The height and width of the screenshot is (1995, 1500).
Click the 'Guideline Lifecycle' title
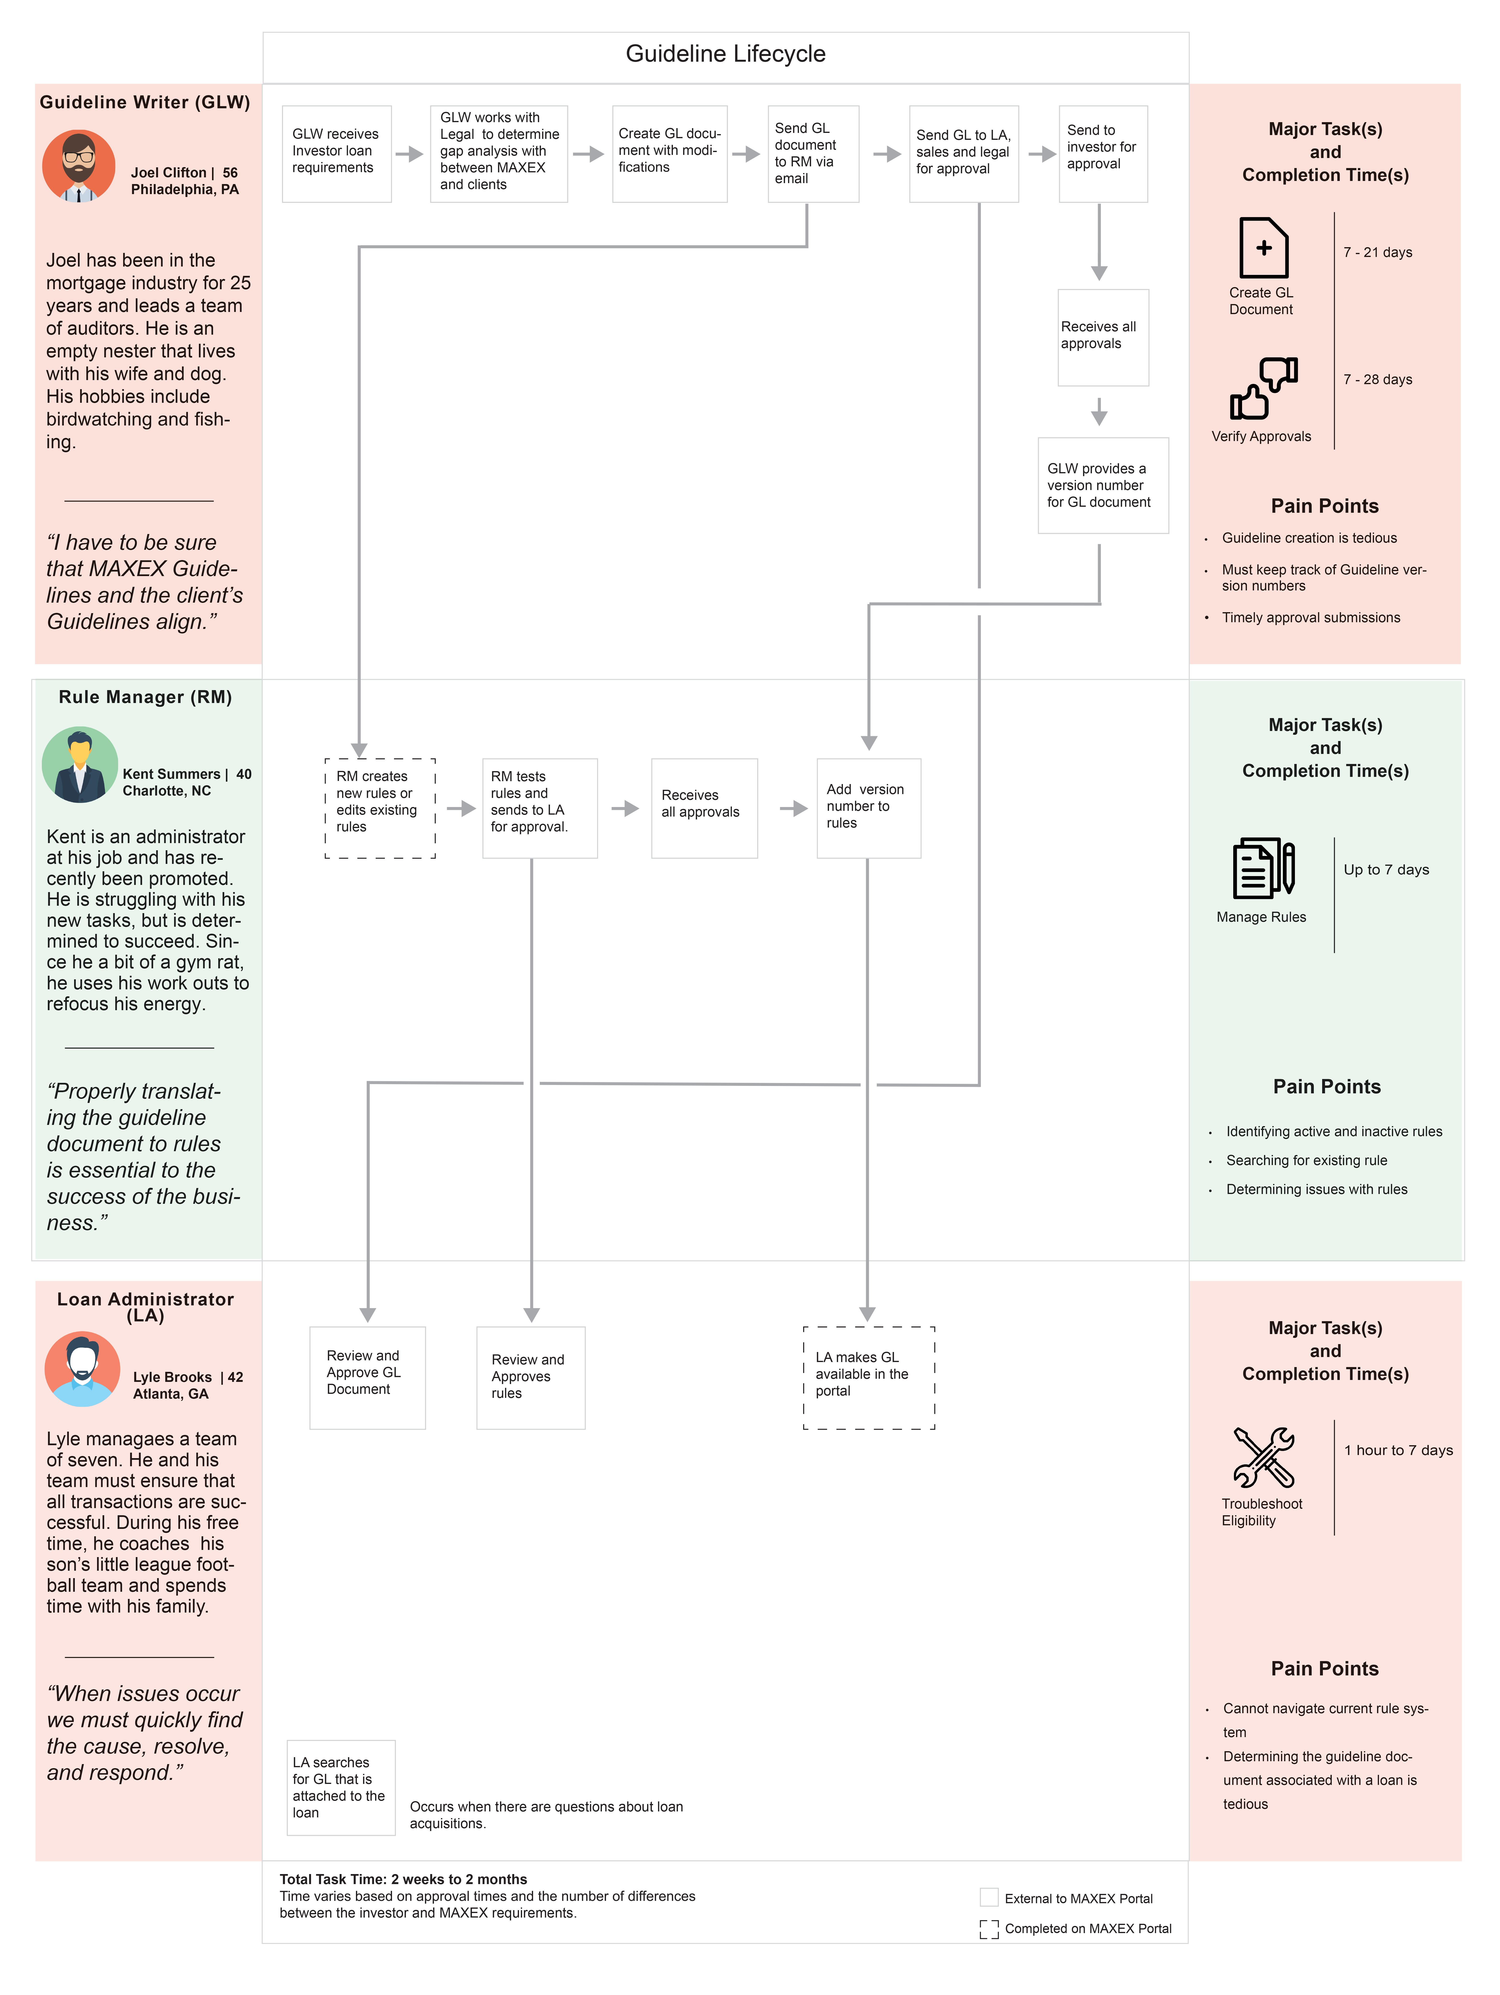725,54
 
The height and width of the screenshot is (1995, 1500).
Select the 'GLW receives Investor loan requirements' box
336,153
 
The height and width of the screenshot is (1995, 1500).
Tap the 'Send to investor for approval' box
1103,153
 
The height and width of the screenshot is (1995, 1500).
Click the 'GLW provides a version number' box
1103,485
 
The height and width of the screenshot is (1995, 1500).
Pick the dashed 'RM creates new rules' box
380,808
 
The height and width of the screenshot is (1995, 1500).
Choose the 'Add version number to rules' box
869,808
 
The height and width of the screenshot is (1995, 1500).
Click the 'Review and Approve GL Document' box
367,1377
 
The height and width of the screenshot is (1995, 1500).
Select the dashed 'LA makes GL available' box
869,1377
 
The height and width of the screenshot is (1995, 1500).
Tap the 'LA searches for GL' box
341,1788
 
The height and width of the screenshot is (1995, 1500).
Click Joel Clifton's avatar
78,166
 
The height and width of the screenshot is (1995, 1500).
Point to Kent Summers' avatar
79,765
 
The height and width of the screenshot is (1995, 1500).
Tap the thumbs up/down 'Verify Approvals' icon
1264,388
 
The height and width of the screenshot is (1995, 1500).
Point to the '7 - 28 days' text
1377,380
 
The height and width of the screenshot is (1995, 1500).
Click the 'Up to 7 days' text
1386,869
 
